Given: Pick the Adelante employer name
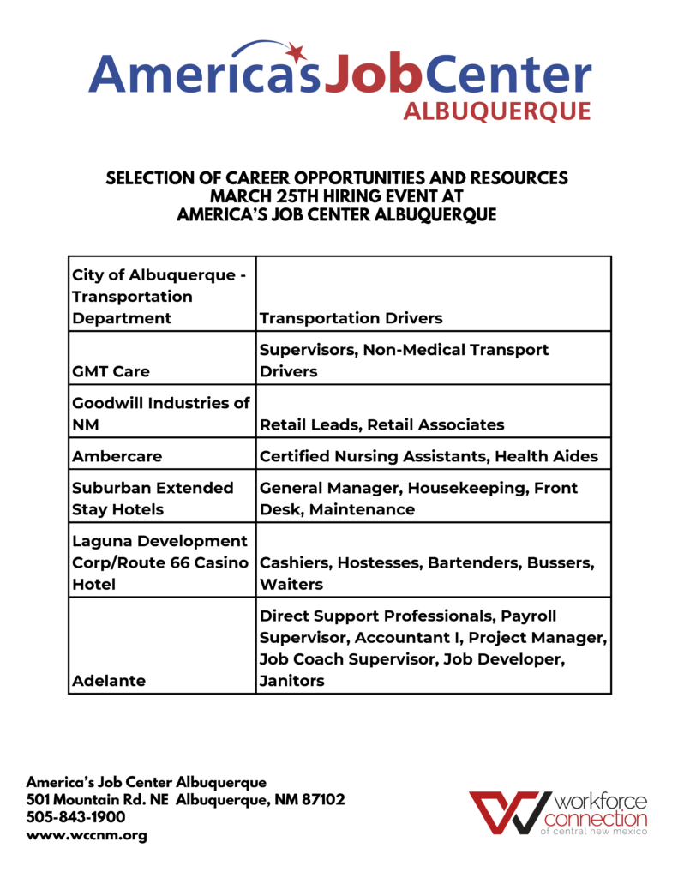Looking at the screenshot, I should (110, 680).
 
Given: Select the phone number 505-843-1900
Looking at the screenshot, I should (75, 817).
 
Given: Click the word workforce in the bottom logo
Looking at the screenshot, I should (601, 803).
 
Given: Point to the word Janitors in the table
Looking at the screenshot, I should (291, 680).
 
